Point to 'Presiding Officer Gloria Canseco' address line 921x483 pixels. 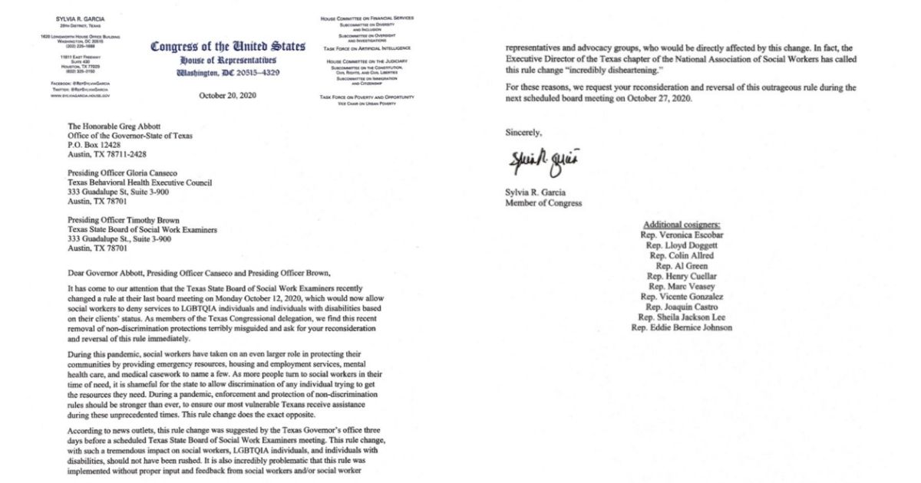(128, 172)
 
